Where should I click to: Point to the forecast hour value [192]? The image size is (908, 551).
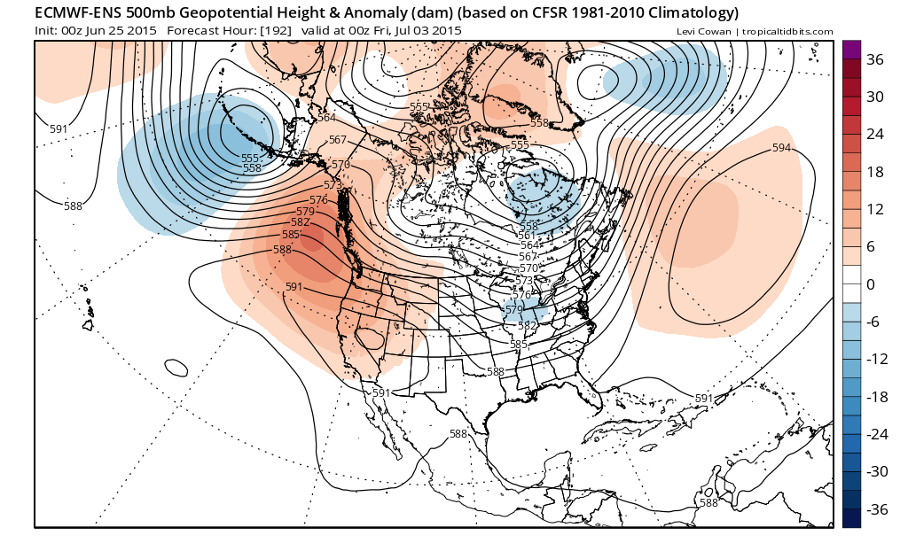pos(272,31)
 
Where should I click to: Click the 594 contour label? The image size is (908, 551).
pos(781,147)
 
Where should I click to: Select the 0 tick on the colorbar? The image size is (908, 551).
pos(871,284)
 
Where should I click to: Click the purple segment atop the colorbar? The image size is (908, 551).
pos(851,50)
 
